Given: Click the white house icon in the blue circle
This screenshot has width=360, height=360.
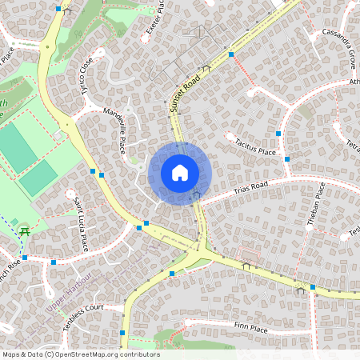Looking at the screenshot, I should tap(180, 173).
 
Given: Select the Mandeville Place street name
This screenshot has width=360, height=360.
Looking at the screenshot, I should tap(114, 134).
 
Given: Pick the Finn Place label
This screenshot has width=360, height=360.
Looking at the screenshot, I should tap(250, 327).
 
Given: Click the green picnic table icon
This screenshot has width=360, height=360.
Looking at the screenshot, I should tap(25, 231).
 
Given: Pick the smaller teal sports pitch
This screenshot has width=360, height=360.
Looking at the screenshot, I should tap(38, 179).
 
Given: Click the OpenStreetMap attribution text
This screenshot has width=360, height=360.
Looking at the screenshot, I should tap(80, 354).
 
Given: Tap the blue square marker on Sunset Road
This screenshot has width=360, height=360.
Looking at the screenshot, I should tap(230, 54).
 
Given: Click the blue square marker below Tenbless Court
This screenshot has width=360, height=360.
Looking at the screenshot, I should tap(122, 333).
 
